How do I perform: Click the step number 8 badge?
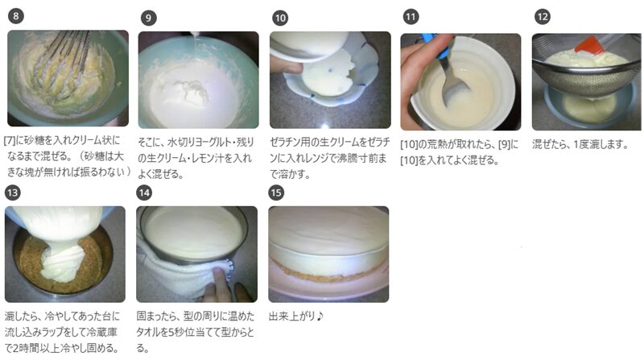[15, 16]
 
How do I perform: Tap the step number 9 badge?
[148, 18]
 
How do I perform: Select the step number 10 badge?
[280, 18]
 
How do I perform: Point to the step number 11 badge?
[411, 17]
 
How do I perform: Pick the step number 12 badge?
[542, 17]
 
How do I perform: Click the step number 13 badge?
[13, 192]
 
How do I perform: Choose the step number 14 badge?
[144, 192]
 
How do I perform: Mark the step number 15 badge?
[276, 192]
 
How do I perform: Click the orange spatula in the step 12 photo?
[590, 44]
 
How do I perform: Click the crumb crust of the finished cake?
[328, 273]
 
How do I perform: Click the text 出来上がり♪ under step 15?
[296, 316]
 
